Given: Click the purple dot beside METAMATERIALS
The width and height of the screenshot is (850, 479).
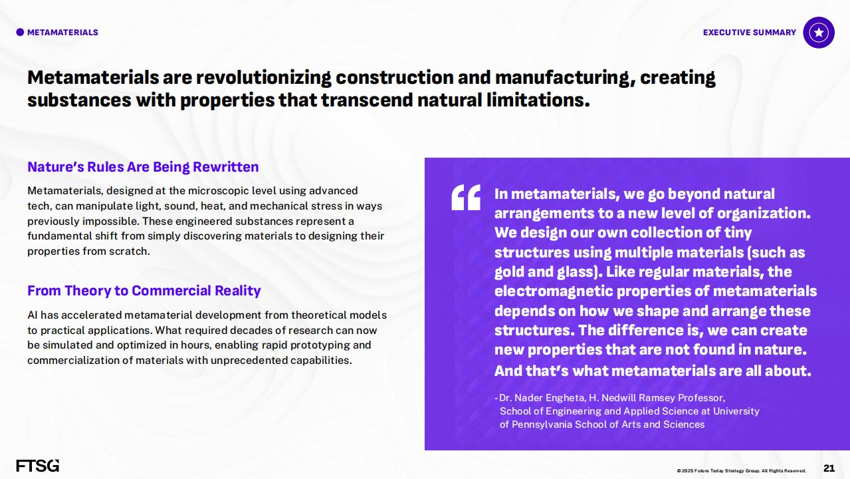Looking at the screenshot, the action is (x=20, y=33).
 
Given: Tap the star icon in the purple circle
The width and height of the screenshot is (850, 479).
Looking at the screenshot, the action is (x=819, y=33).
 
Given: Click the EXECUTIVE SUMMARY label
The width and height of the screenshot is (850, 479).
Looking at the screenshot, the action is (x=750, y=33).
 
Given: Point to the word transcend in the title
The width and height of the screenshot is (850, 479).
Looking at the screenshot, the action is (x=367, y=100).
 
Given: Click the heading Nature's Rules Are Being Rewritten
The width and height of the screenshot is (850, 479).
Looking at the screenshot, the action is (x=143, y=167).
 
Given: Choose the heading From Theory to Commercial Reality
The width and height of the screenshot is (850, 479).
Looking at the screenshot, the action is (x=144, y=291).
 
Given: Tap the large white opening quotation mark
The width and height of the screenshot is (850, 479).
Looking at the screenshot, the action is (x=466, y=197).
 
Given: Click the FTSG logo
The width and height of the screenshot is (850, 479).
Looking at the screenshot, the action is (x=38, y=466).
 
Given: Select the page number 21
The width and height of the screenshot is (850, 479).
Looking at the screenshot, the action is (x=829, y=468).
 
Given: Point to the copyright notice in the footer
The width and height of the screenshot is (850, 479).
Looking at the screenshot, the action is (x=742, y=470).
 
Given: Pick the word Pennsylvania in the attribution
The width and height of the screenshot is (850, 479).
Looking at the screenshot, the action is (x=542, y=424).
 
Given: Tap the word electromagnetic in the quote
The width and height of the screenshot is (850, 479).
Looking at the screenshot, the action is (x=555, y=291).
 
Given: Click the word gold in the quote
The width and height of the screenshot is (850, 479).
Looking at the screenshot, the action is (x=510, y=272).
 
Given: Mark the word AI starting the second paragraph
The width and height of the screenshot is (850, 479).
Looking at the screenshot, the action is (x=33, y=315).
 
